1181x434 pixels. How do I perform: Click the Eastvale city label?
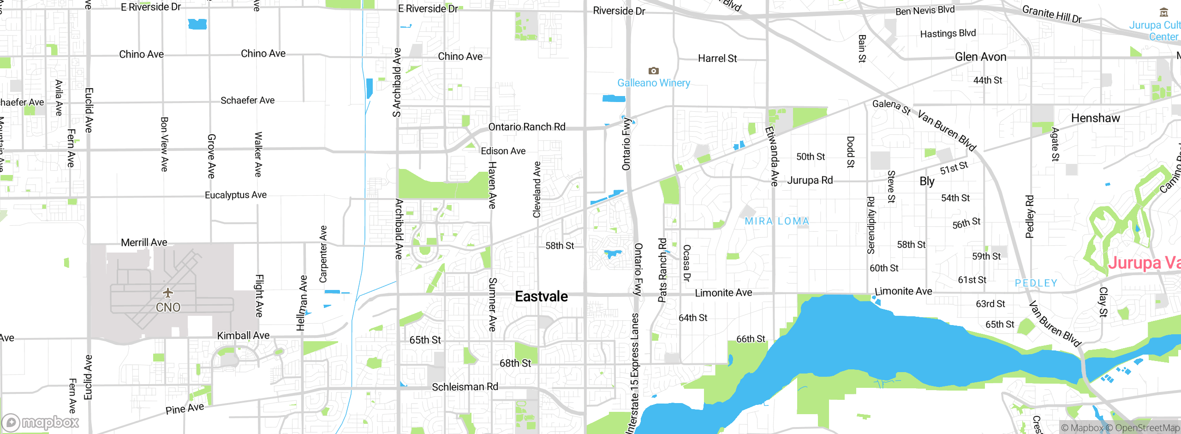click(x=541, y=296)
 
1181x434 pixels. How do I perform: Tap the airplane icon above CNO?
click(x=168, y=293)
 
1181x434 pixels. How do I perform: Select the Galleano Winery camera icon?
click(x=653, y=71)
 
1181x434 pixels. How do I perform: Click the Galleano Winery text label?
click(x=654, y=83)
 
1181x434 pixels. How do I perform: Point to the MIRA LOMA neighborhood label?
click(x=777, y=221)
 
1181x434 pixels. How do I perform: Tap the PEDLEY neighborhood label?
click(x=1036, y=283)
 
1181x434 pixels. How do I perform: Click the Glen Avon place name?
click(x=980, y=57)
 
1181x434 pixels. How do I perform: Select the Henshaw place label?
click(x=1095, y=118)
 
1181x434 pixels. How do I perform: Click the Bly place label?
click(x=927, y=181)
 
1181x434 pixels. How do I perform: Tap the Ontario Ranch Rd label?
click(x=526, y=127)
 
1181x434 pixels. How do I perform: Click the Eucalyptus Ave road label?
click(x=235, y=195)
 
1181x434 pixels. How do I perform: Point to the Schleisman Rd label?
click(x=465, y=387)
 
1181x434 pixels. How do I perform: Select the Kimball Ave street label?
click(x=243, y=336)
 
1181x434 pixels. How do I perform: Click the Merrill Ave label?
click(x=144, y=242)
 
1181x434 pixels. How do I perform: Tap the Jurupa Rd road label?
click(x=810, y=180)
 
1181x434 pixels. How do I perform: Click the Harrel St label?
click(x=717, y=59)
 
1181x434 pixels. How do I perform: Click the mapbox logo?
click(x=41, y=422)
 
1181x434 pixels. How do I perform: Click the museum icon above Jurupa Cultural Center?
click(x=1164, y=12)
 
